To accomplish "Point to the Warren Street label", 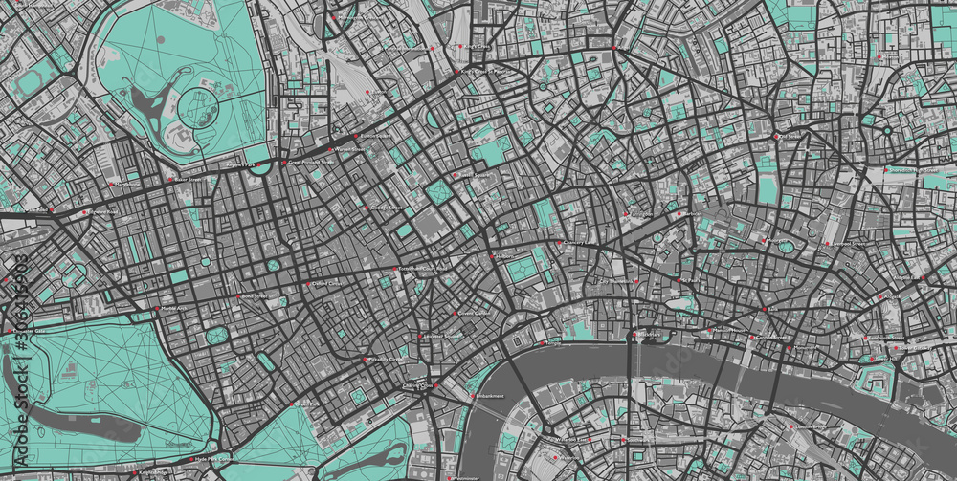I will tap(349, 150).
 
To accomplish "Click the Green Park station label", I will tap(305, 404).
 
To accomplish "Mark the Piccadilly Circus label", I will tap(382, 359).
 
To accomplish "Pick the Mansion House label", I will tap(732, 330).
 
